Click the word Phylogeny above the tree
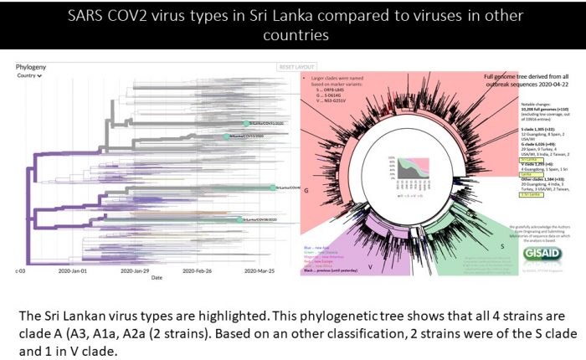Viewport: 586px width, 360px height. (x=32, y=66)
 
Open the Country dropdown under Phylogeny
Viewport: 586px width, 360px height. (x=30, y=75)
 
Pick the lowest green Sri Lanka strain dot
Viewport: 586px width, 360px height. (x=240, y=220)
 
